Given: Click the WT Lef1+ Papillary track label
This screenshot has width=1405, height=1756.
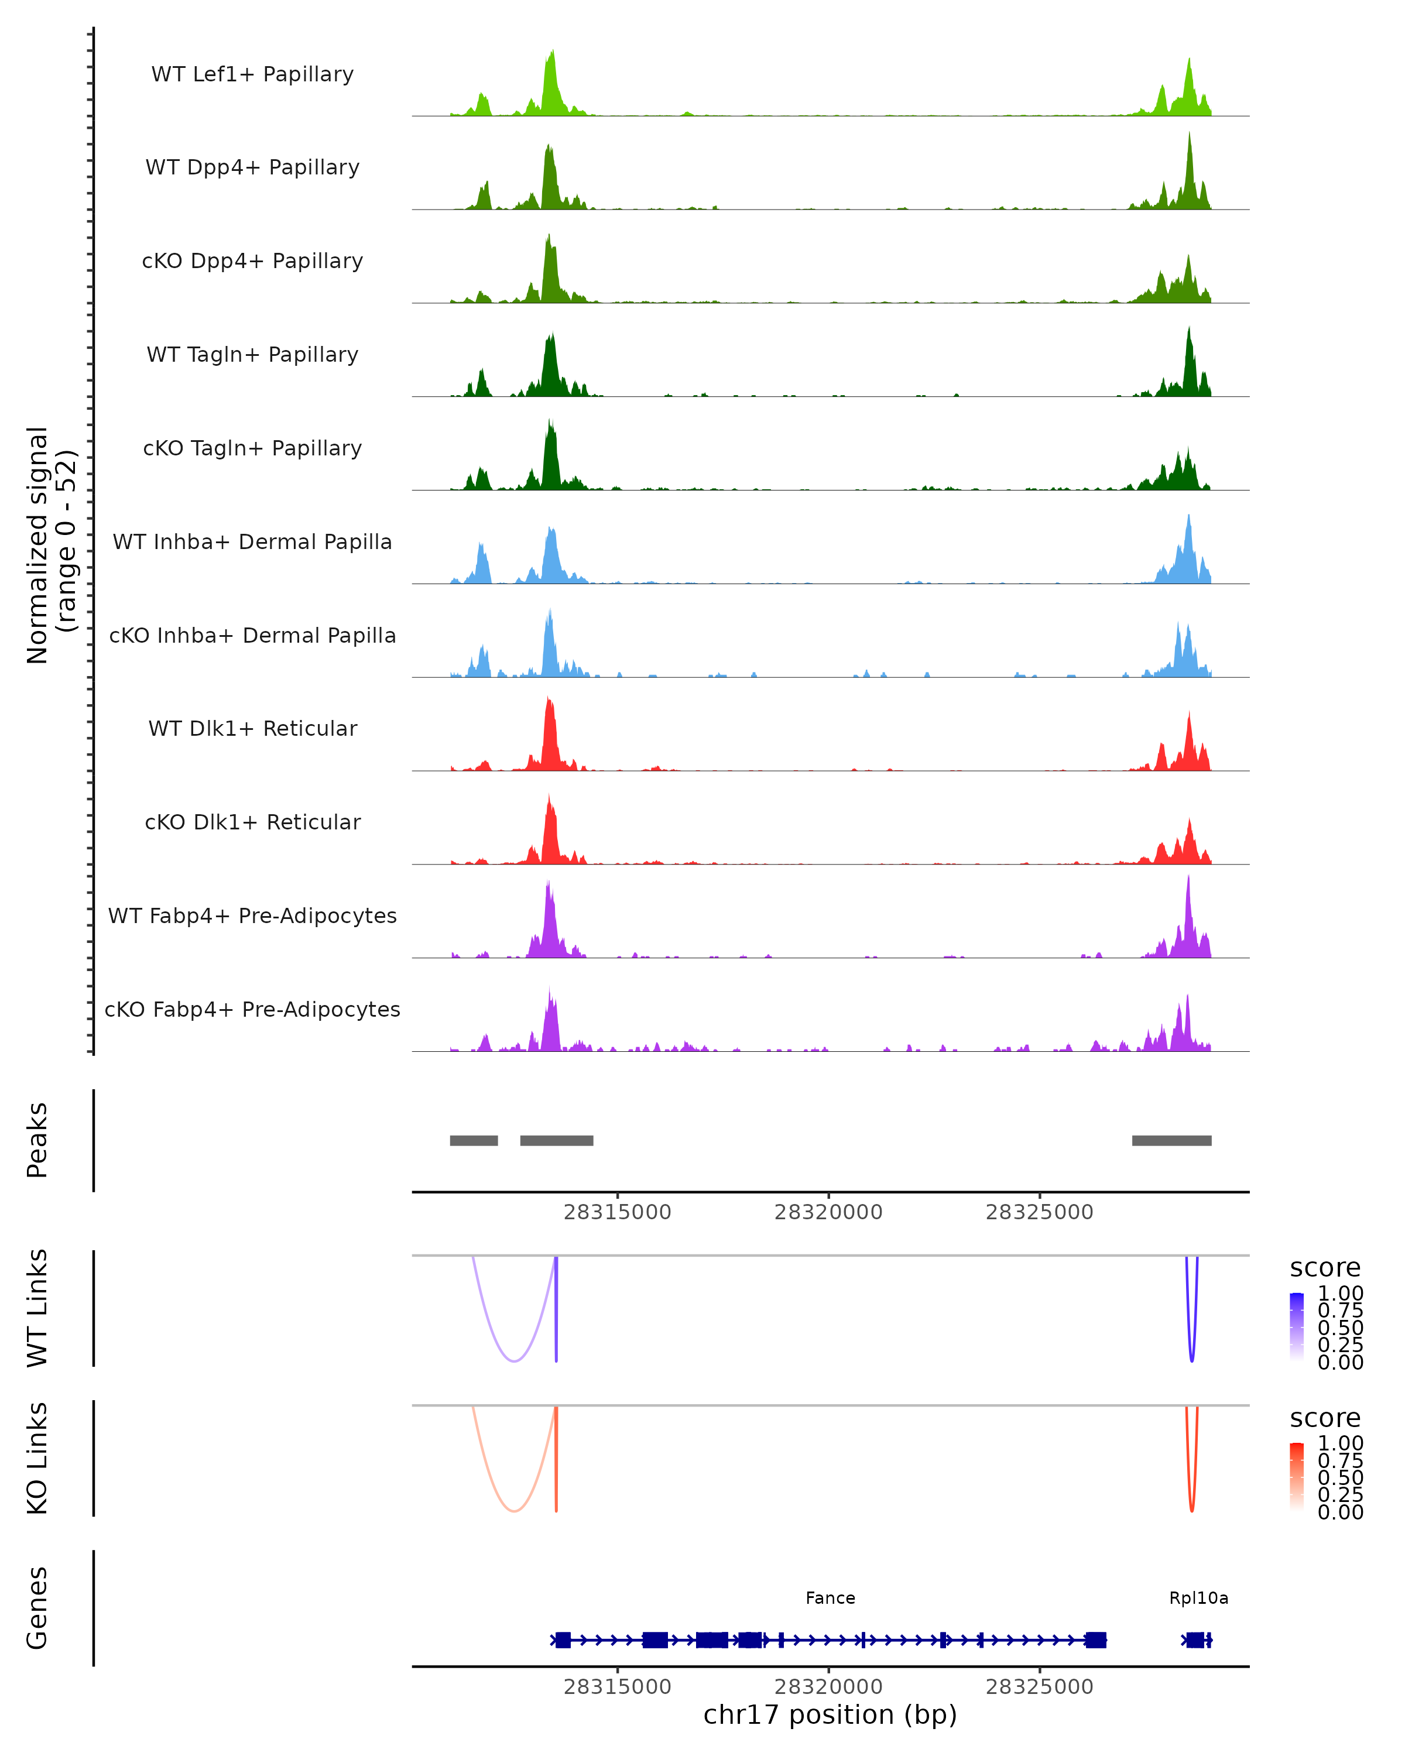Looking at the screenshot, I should pyautogui.click(x=252, y=74).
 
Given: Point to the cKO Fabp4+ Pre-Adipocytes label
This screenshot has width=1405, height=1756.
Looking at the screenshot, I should pyautogui.click(x=252, y=1009).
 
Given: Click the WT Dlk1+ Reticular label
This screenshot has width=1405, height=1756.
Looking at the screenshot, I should pyautogui.click(x=252, y=728).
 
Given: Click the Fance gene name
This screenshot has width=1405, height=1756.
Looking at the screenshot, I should pyautogui.click(x=830, y=1598).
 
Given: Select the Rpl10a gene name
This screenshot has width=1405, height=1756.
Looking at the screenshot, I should pyautogui.click(x=1198, y=1598).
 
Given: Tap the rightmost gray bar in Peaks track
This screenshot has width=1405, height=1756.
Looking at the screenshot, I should pyautogui.click(x=1171, y=1140).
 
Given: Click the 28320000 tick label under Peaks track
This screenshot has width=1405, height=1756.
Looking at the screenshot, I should pyautogui.click(x=828, y=1213).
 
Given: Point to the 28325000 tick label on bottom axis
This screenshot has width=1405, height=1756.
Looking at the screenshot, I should pyautogui.click(x=1039, y=1687).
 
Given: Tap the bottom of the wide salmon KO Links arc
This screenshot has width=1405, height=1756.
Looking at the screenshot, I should pyautogui.click(x=514, y=1512).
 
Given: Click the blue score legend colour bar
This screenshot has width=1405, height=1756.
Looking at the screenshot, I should pyautogui.click(x=1297, y=1327).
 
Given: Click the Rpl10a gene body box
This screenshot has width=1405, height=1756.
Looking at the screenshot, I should pyautogui.click(x=1195, y=1640).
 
